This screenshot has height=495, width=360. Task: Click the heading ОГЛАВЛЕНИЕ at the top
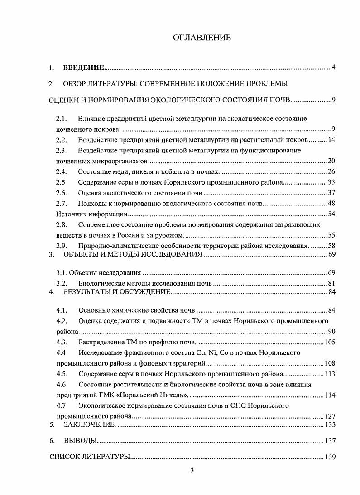[x=202, y=38]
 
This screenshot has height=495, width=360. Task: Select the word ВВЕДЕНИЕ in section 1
[x=83, y=68]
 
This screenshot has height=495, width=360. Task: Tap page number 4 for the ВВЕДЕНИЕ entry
[x=333, y=68]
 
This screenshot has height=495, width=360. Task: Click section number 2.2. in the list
[x=62, y=140]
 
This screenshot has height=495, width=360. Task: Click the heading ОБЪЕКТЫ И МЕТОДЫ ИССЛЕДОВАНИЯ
[x=133, y=254]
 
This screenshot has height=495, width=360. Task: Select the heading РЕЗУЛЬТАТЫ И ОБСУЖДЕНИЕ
[x=117, y=292]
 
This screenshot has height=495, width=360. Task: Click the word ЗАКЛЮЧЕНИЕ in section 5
[x=90, y=425]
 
